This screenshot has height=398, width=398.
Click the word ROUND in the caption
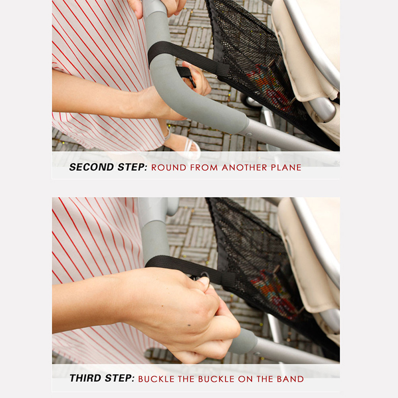[169, 168]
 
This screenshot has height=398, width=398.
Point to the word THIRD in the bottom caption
[85, 378]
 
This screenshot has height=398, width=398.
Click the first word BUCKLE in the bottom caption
[156, 379]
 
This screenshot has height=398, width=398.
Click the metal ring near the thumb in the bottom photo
[204, 277]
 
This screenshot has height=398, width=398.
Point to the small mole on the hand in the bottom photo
[189, 325]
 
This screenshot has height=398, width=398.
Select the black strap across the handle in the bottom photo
[191, 269]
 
